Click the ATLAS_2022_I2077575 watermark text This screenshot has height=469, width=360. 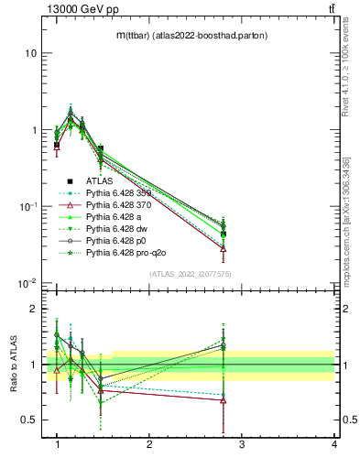[191, 272]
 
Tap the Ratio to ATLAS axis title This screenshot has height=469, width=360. [14, 365]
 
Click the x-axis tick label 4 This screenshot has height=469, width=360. [334, 444]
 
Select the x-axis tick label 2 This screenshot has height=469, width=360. [149, 444]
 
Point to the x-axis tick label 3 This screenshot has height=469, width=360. [242, 444]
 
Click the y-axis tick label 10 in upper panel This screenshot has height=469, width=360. [30, 53]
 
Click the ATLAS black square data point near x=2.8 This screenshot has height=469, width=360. [223, 234]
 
